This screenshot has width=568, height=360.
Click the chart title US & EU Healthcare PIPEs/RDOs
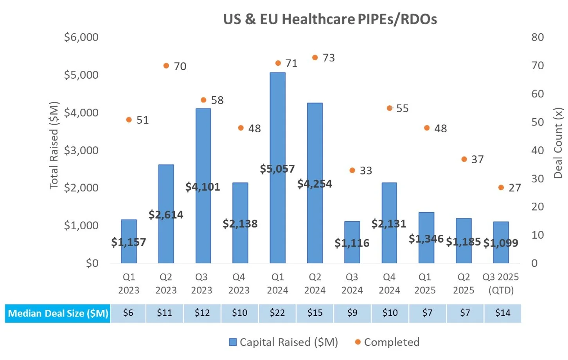[330, 19]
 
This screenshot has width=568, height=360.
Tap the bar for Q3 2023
[203, 149]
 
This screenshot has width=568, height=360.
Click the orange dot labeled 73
[315, 58]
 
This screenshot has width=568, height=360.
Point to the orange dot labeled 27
[501, 187]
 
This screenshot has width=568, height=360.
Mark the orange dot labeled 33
[352, 170]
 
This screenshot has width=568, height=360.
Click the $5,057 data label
[277, 169]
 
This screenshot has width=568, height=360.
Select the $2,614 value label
[166, 214]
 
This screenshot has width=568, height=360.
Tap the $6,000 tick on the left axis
[81, 37]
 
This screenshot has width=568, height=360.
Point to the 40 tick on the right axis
[537, 150]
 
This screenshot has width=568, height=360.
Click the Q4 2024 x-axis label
[389, 283]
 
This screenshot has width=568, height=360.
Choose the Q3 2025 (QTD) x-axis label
[501, 283]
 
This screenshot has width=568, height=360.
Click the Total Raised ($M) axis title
[54, 145]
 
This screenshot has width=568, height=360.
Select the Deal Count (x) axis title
[558, 143]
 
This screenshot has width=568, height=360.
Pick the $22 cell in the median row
[277, 313]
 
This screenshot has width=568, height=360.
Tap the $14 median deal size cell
[503, 313]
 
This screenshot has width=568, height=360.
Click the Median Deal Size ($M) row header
[58, 313]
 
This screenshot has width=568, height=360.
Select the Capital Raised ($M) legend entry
[283, 342]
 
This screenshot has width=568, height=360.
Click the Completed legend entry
[387, 342]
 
